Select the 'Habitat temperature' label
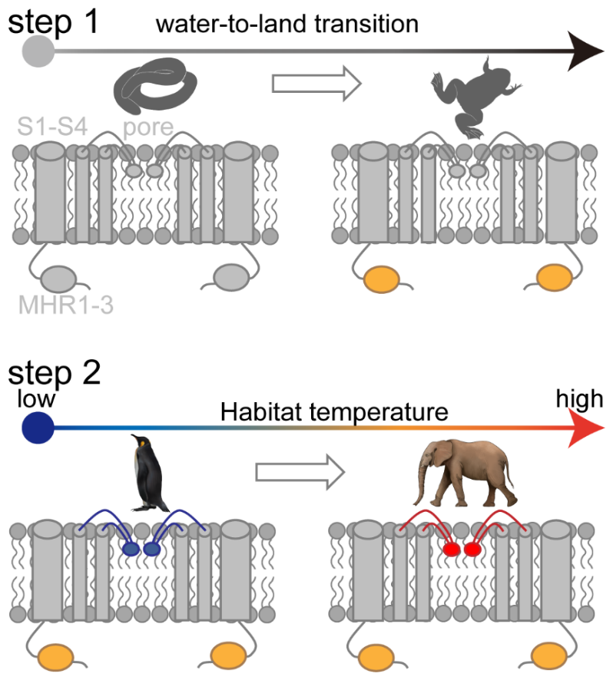[334, 412]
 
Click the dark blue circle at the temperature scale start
[35, 427]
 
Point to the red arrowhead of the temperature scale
[585, 427]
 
